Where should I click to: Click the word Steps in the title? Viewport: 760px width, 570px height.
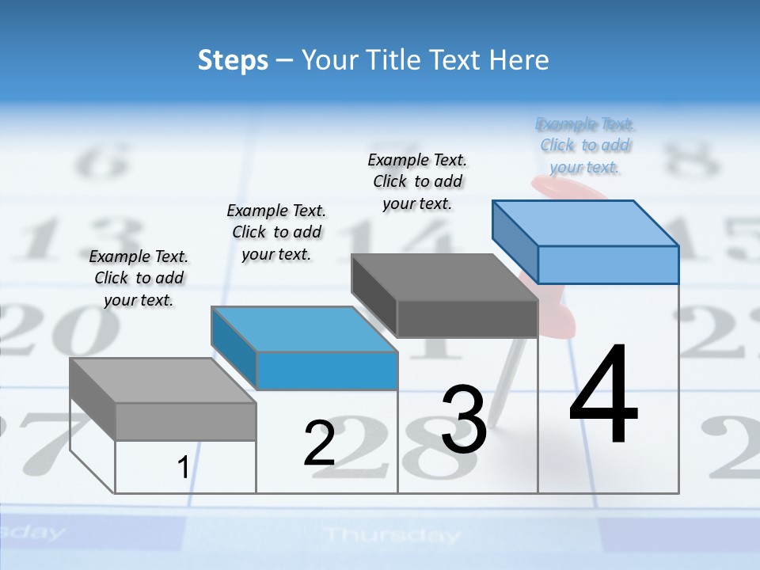(x=233, y=60)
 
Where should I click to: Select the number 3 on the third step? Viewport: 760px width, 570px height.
(x=464, y=420)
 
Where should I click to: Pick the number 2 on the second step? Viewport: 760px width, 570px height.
(x=320, y=443)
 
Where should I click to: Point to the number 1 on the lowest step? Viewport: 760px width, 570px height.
(x=183, y=468)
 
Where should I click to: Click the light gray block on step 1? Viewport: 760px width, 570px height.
(x=163, y=400)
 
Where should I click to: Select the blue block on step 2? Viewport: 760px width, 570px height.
(x=304, y=348)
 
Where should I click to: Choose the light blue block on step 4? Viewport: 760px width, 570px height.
(x=586, y=241)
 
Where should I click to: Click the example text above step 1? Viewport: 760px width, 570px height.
(x=139, y=278)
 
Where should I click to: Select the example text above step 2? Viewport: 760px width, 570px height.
(x=276, y=232)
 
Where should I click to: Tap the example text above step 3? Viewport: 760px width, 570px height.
(x=417, y=181)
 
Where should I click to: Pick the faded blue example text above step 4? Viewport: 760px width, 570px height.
(x=585, y=146)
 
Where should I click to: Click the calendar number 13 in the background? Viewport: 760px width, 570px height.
(x=71, y=237)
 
